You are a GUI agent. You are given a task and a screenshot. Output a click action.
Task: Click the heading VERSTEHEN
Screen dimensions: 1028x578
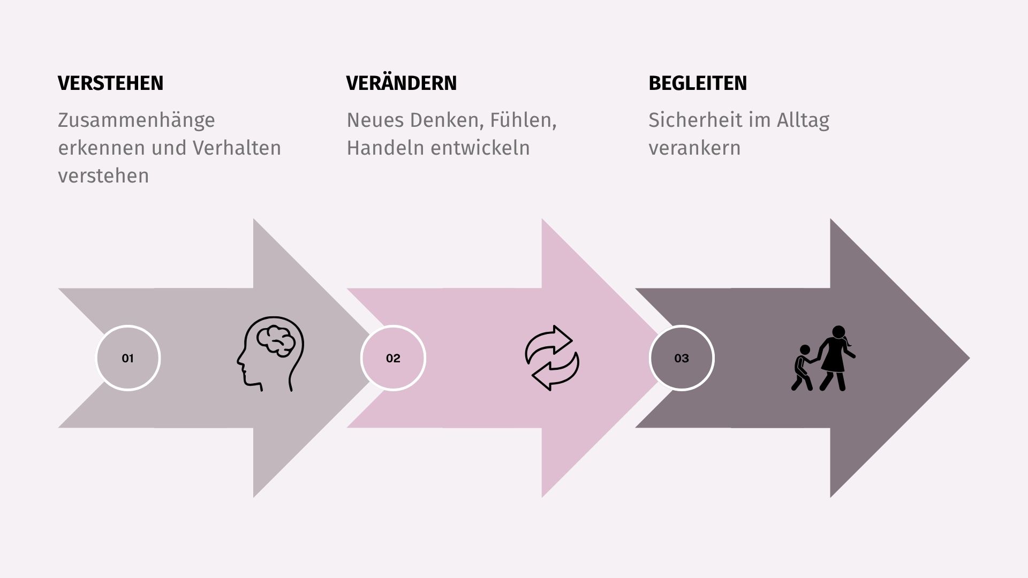tap(111, 83)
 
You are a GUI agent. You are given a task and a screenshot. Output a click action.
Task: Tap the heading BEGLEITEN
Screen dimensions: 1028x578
tap(698, 83)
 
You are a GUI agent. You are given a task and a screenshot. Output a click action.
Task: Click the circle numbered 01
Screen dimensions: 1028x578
tap(128, 358)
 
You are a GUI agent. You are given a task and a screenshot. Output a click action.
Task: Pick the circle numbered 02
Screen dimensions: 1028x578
tap(393, 358)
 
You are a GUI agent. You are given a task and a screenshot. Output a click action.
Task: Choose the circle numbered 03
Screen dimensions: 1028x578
tap(682, 358)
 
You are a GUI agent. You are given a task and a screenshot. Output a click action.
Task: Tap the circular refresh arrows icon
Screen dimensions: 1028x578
tap(552, 358)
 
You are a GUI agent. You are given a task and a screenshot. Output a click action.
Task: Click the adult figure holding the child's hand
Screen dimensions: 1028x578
tap(835, 358)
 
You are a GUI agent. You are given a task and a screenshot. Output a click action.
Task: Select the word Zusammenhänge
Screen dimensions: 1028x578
tap(137, 120)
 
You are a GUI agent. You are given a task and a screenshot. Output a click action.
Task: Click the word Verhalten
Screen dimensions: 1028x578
tap(237, 148)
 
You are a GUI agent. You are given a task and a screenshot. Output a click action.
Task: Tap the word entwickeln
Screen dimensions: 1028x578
tap(480, 148)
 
